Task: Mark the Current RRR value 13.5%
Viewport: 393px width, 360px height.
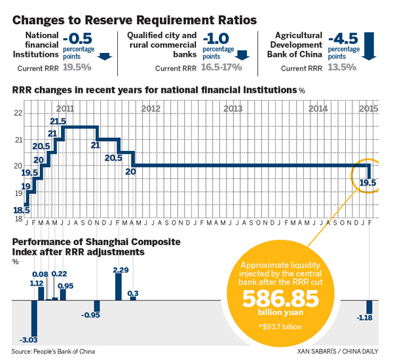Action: coord(344,67)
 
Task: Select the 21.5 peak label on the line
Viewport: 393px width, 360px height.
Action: coord(58,121)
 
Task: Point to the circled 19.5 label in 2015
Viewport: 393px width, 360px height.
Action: coord(367,183)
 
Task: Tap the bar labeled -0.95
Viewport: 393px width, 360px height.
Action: coord(97,306)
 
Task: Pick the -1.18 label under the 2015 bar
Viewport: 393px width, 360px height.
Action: coord(368,318)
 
